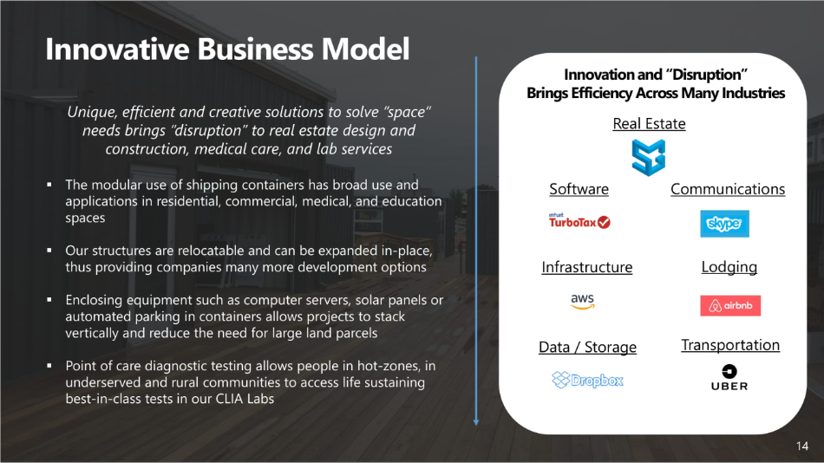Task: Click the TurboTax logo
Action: click(579, 221)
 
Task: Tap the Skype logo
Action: click(724, 224)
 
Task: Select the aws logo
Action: click(582, 301)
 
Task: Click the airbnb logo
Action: click(730, 305)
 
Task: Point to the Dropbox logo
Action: click(587, 380)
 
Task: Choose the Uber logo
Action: click(729, 377)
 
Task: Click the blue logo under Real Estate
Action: click(649, 157)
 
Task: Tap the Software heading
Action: click(579, 189)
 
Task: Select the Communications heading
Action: click(728, 189)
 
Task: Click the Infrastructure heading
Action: click(587, 267)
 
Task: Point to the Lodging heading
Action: click(729, 267)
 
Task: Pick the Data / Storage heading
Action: click(587, 347)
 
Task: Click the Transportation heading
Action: click(730, 345)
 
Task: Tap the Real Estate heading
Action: click(649, 123)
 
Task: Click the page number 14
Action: click(802, 447)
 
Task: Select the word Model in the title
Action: click(365, 49)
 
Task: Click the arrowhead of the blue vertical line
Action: click(476, 422)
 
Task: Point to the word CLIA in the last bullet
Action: click(230, 399)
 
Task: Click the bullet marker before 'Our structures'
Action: click(49, 251)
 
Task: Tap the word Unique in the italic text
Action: click(91, 113)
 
